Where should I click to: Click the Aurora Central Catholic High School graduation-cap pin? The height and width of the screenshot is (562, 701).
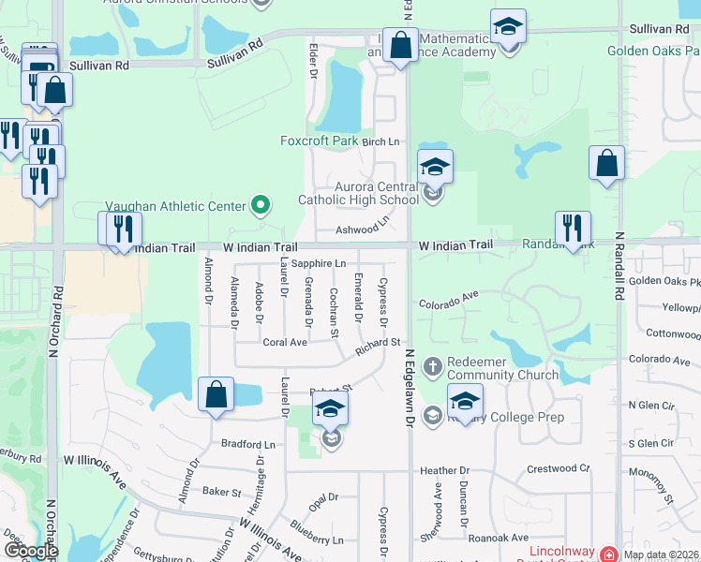(434, 169)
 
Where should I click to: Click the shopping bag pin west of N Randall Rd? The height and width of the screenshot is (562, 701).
(606, 164)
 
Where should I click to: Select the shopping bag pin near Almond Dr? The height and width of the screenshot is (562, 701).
(216, 394)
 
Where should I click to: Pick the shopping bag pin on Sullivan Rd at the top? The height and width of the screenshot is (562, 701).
(400, 46)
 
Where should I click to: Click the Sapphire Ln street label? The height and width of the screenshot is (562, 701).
(319, 264)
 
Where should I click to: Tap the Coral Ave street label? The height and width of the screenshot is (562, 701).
(285, 343)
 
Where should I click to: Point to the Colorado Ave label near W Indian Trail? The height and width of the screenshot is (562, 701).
(448, 301)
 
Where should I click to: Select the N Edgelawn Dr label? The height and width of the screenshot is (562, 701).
(410, 390)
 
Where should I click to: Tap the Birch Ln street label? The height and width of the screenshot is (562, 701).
(380, 141)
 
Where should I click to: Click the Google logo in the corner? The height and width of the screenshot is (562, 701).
(30, 551)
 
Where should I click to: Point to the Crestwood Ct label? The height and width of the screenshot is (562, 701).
(559, 467)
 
